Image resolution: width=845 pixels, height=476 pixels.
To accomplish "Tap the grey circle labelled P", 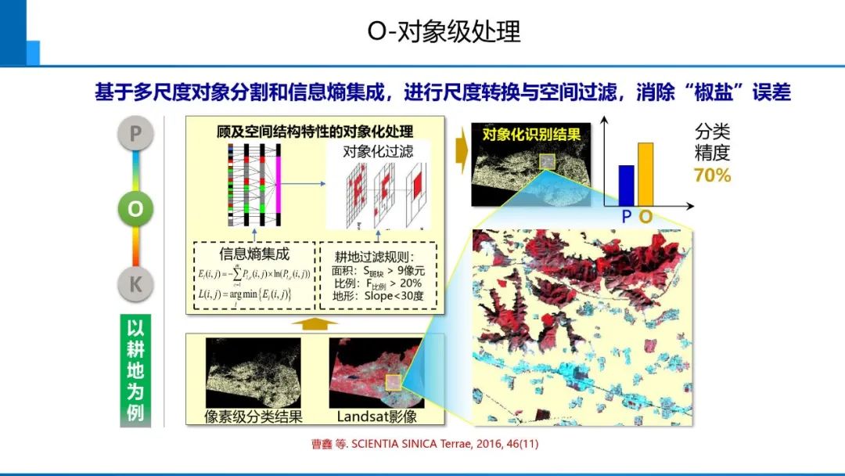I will point(135,134).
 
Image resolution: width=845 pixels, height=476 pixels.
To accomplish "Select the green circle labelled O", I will point(135,209).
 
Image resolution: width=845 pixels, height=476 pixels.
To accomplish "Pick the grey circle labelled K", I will point(135,285).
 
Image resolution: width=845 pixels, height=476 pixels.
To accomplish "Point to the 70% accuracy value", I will point(712,175).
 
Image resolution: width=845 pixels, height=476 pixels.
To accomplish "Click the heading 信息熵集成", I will point(253,254).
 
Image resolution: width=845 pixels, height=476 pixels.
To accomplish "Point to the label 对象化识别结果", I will point(530,135).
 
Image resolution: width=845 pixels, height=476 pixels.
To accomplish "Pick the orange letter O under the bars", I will point(645,216).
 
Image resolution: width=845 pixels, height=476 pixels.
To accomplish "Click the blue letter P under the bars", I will point(626,216).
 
